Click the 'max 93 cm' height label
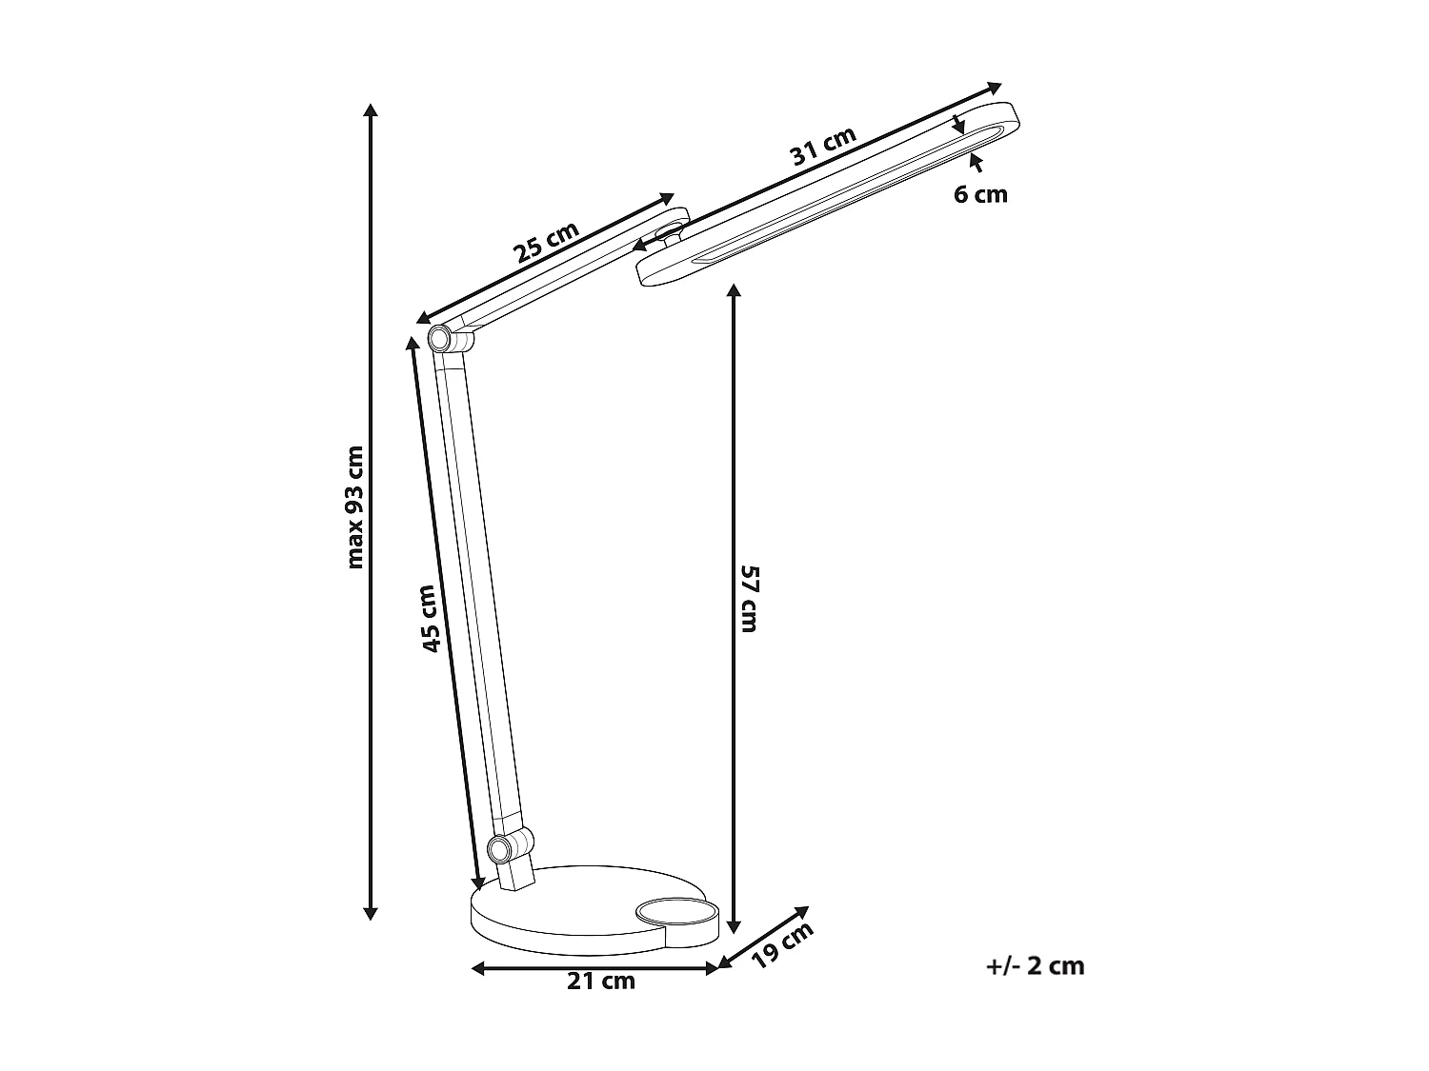point(355,506)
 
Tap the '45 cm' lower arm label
point(430,618)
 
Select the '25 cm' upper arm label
point(547,243)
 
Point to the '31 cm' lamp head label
point(824,147)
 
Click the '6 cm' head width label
point(980,194)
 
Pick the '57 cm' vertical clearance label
point(749,598)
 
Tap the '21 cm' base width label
point(601,982)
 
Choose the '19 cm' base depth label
point(783,944)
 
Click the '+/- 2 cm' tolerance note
point(1036,965)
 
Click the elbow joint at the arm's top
point(440,337)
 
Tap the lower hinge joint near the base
point(498,846)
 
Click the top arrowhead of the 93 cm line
point(372,108)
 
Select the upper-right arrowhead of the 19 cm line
point(803,910)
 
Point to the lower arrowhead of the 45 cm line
point(479,883)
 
